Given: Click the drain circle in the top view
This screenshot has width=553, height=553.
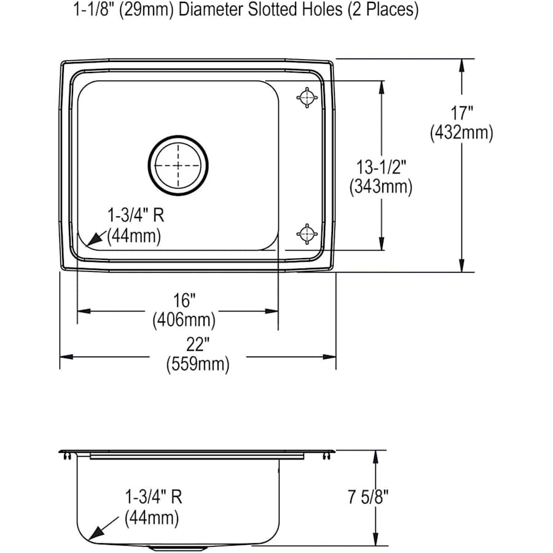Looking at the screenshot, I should (179, 165).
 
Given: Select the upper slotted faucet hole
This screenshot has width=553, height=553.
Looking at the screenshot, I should (307, 97).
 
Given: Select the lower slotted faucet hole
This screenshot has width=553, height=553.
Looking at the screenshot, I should (307, 233).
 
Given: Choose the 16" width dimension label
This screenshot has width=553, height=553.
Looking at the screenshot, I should (184, 300).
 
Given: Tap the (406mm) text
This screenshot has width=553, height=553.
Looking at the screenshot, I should (184, 320).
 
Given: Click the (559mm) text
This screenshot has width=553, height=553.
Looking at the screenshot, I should (197, 364).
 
